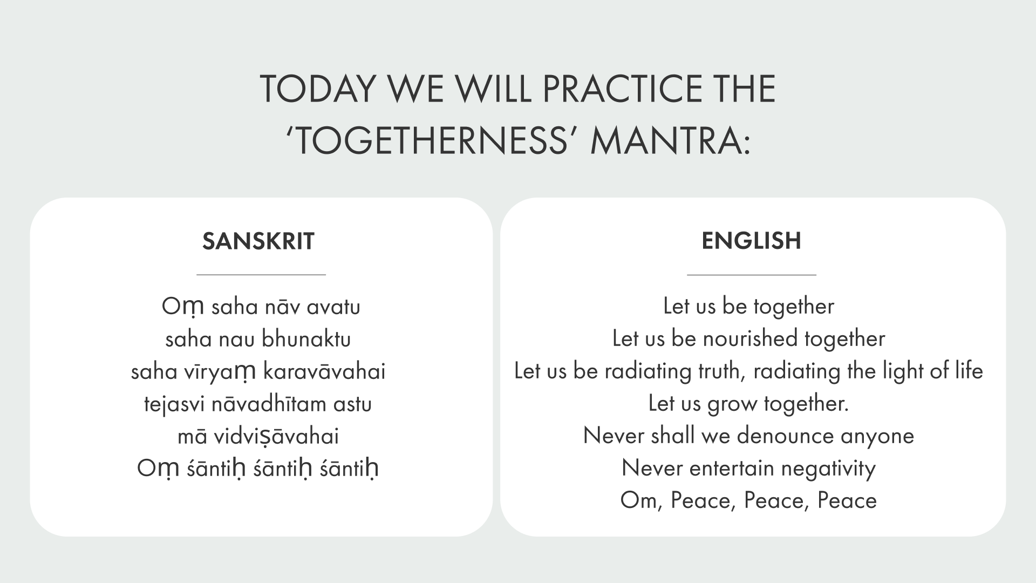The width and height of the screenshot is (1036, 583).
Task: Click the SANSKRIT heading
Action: pos(258,241)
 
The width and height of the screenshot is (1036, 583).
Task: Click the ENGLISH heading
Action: pos(751,241)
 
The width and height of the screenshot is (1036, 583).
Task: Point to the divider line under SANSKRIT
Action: pos(261,275)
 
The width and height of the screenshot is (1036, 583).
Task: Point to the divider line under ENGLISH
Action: pos(751,275)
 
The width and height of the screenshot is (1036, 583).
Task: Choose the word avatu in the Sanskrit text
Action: pos(333,307)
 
